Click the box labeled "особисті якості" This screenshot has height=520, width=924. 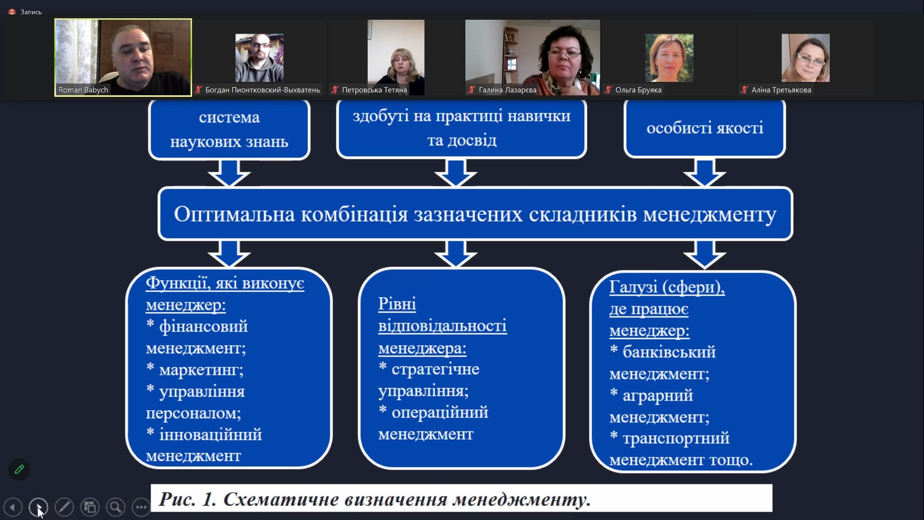pos(705,128)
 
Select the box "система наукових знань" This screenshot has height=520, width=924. pos(229,129)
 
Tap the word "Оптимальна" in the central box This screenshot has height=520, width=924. pos(234,214)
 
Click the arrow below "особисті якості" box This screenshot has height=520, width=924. pos(705,173)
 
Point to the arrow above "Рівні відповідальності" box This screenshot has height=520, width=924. pos(455,254)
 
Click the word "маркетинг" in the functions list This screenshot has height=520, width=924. pos(200,370)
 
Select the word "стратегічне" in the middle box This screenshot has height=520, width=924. pos(435,369)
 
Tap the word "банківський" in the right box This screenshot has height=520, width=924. pos(669,352)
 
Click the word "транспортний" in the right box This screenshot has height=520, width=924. pos(676,438)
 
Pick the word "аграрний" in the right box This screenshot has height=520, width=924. pos(657,395)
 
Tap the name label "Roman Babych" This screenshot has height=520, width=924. pos(83,90)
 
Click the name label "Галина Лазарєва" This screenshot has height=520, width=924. pos(507,90)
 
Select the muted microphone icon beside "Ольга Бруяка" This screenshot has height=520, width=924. pos(608,90)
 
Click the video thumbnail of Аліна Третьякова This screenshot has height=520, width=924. pos(805,58)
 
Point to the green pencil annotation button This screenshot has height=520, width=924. pos(19,469)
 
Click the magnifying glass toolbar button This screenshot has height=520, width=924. pos(115,507)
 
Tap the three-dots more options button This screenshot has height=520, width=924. pos(141,507)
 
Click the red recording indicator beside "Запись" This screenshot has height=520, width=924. pos(12,12)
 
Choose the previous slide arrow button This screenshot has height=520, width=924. pos(13,507)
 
